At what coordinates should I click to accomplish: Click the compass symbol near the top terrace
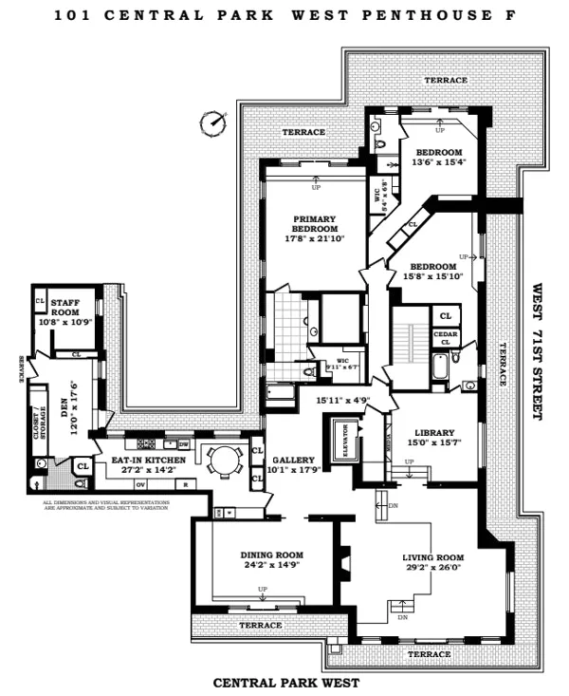(x=213, y=122)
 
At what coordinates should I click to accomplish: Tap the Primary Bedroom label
(x=315, y=224)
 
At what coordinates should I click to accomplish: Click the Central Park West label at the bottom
(x=286, y=682)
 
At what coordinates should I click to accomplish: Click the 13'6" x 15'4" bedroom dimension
(x=439, y=162)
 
